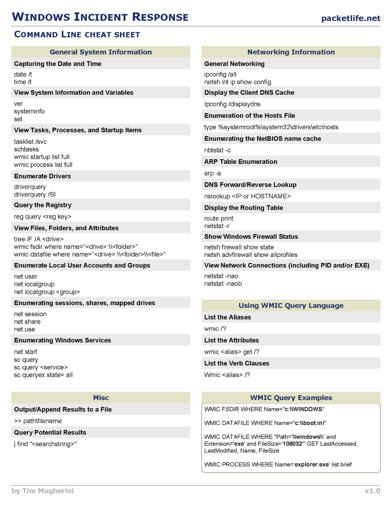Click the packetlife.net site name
tap(350, 18)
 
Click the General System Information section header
tap(101, 52)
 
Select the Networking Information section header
tap(291, 52)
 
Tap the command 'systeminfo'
tap(29, 111)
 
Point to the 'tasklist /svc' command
tap(30, 142)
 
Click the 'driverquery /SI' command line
tap(35, 195)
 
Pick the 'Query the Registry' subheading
tap(43, 205)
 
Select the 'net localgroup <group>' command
tap(47, 292)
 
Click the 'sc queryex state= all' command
tap(43, 375)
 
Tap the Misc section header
tap(101, 398)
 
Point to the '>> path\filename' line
tap(38, 421)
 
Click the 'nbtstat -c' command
tap(218, 150)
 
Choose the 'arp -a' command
tap(212, 173)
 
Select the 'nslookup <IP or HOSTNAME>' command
tap(247, 196)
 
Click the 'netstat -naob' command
tap(223, 284)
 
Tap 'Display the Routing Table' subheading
tap(244, 208)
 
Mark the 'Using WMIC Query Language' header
tap(291, 305)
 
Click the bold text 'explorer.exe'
tap(312, 465)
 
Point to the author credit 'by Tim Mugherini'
tap(42, 491)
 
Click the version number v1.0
tap(372, 491)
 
